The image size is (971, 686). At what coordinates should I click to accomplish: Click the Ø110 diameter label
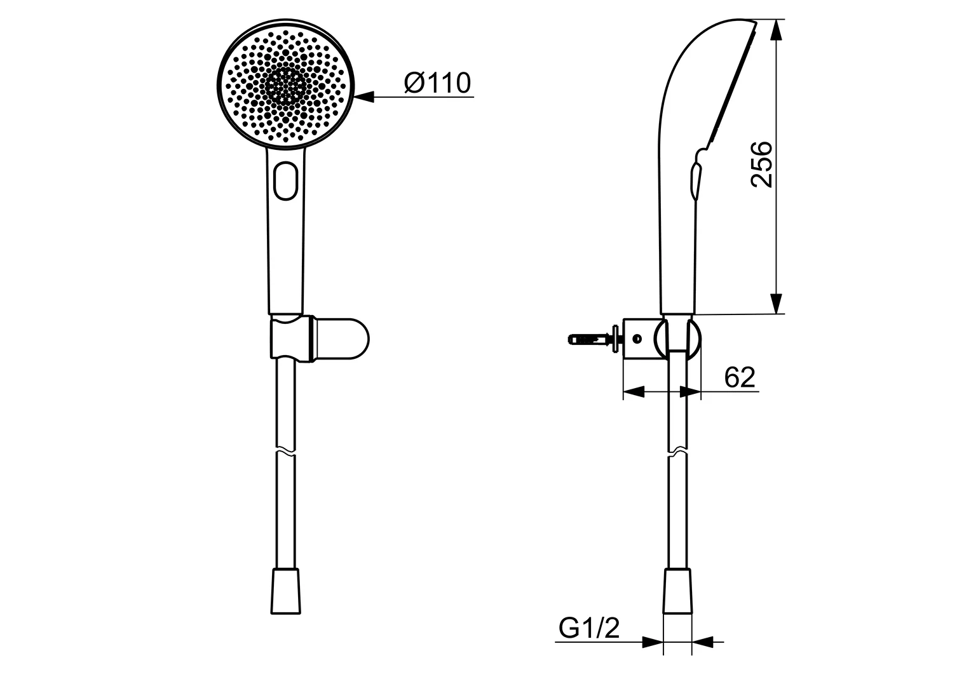437,83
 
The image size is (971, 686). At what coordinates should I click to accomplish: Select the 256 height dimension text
762,165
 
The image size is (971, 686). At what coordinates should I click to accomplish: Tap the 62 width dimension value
740,377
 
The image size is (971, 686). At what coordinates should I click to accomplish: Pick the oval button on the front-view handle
286,182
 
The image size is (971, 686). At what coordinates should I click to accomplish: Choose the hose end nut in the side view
677,591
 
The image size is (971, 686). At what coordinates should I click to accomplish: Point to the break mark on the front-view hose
285,453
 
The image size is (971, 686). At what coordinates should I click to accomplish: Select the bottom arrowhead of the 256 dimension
776,304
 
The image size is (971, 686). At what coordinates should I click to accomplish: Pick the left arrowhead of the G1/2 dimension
653,642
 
